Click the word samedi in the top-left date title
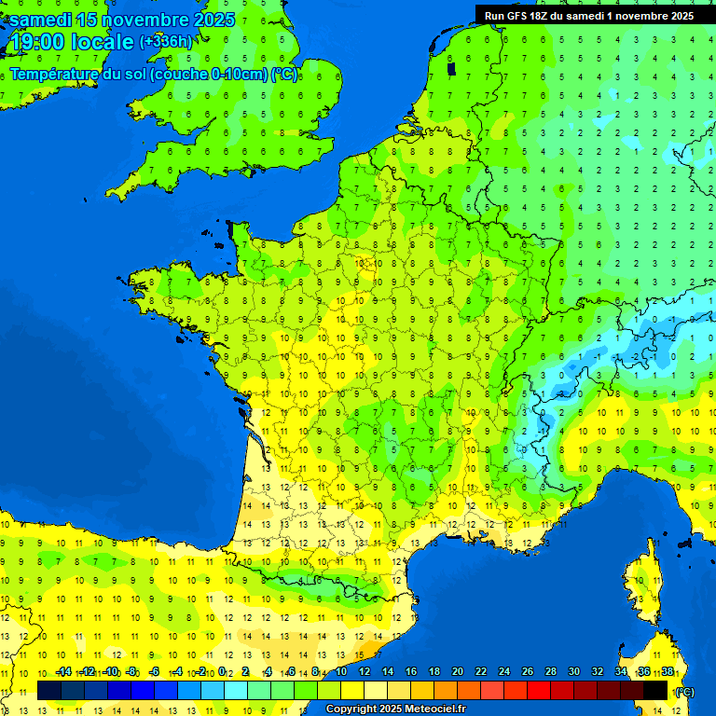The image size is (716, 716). pos(40,20)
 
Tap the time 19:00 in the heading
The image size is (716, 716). pos(38,43)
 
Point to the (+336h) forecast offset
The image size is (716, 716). pos(166,42)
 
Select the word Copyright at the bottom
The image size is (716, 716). pos(353,709)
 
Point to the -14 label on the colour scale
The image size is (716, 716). pos(63,672)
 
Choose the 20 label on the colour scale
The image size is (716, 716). pos(457,672)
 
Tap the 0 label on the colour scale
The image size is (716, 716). pos(223,672)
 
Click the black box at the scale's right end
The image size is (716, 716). pos(655,690)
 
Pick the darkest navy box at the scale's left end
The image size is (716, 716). pos(49,690)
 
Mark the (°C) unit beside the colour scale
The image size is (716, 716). pos(683,691)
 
